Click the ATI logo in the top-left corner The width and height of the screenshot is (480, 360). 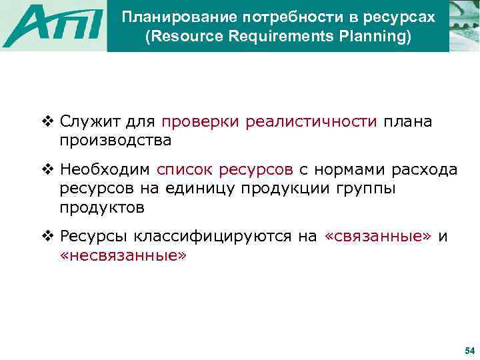tap(53, 27)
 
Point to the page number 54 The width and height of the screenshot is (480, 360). tap(469, 351)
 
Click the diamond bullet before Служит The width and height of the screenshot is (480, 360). tap(47, 122)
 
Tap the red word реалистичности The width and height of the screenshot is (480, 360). tap(311, 123)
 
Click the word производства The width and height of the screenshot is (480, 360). tap(115, 141)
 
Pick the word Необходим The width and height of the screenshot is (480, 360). tap(107, 171)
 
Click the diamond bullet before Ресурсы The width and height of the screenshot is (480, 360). tap(47, 237)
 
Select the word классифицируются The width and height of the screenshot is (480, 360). tap(227, 237)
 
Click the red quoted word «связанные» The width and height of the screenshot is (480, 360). tap(378, 237)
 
